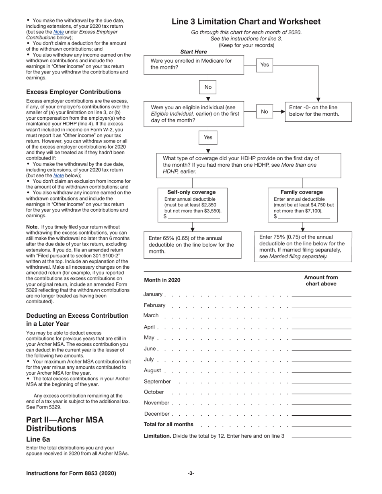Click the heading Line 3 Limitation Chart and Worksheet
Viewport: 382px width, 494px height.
(246, 22)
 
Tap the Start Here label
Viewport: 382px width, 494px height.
(193, 52)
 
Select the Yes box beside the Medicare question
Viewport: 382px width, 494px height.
(265, 65)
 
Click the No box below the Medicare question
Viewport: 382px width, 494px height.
(208, 87)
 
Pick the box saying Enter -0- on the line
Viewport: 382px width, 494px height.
(318, 111)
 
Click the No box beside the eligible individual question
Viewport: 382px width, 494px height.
(264, 112)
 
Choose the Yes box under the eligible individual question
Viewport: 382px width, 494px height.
(208, 137)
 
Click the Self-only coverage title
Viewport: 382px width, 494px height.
(191, 192)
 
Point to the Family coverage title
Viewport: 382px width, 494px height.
(302, 192)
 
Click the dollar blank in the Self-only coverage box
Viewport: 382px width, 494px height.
(194, 216)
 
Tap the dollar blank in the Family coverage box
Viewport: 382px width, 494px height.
(304, 216)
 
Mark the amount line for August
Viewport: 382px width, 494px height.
(321, 372)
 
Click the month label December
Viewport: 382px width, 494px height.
(156, 414)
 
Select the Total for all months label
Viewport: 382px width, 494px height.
(168, 425)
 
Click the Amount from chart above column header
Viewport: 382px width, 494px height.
(321, 280)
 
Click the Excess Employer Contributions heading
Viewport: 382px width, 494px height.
(73, 92)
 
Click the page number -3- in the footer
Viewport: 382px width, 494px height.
(191, 473)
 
